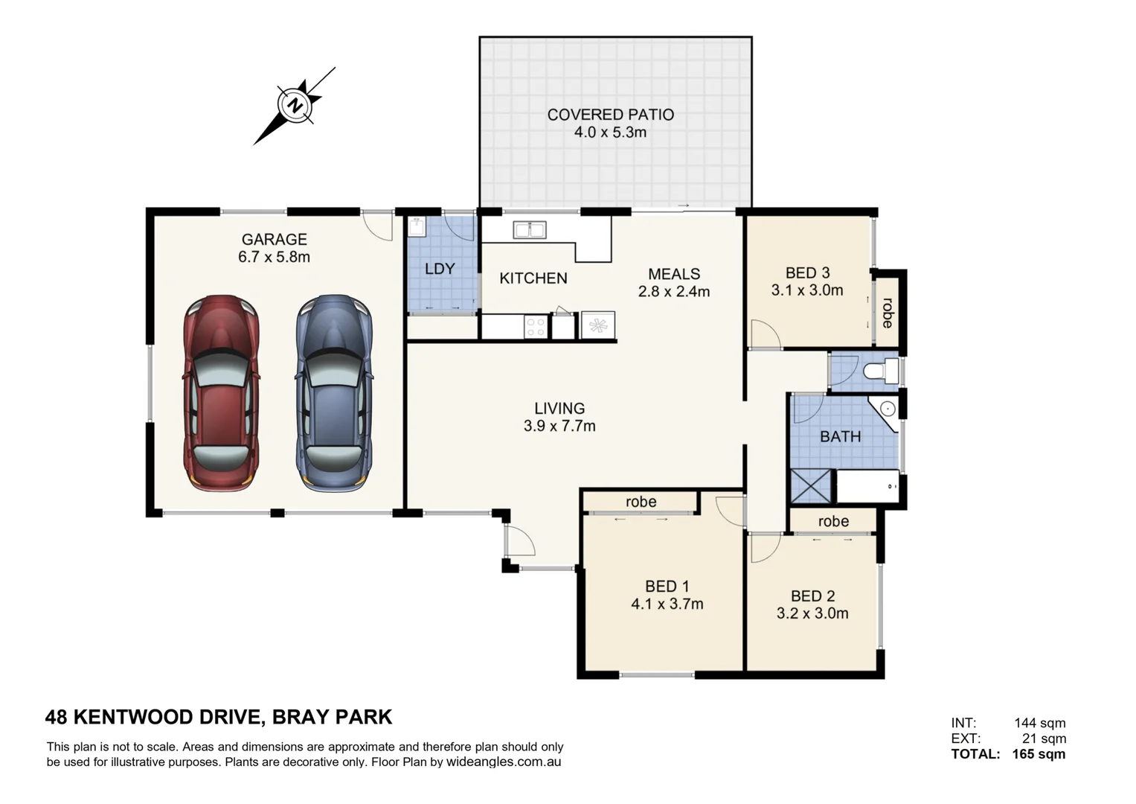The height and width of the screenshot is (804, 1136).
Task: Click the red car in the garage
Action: coord(221,393)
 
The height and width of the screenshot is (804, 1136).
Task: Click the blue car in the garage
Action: coord(334,393)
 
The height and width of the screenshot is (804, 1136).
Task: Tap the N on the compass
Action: coord(295,106)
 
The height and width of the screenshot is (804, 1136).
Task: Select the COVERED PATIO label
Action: coord(611,115)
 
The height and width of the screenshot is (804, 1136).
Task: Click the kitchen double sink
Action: coord(530,229)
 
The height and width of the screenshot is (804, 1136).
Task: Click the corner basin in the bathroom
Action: coord(886,410)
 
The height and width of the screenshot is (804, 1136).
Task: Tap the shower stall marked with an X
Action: coord(811,486)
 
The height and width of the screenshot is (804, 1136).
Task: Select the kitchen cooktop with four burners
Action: coord(536,326)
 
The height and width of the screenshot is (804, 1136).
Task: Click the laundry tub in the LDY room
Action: coord(417,226)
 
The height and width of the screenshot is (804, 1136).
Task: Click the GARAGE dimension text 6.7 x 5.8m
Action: coord(275,257)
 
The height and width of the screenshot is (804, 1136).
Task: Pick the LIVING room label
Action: coord(560,408)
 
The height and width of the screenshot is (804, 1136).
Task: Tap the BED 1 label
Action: coord(667,587)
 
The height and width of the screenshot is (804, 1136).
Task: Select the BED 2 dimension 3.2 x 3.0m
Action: coord(812,613)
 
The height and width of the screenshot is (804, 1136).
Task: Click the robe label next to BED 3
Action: coord(888,313)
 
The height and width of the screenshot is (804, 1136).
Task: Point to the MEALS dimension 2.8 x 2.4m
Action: coord(674,291)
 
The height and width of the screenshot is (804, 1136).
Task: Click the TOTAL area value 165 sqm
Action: coord(1039,753)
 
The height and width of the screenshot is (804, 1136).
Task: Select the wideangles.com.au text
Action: coord(504,762)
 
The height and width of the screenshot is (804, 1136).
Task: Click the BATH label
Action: coord(841,436)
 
